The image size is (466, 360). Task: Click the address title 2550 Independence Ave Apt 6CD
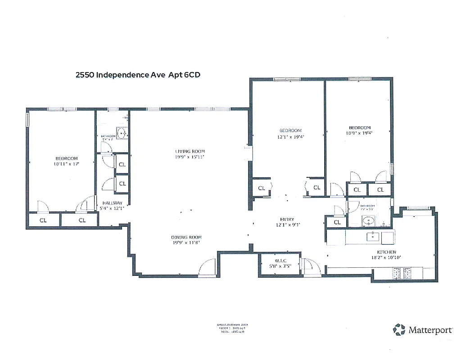(x=137, y=75)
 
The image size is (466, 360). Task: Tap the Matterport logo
(x=423, y=330)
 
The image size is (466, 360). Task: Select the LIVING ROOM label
(x=190, y=151)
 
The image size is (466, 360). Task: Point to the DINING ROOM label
(x=186, y=237)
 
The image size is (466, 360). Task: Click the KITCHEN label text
(x=386, y=252)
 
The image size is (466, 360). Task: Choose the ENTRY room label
(x=287, y=220)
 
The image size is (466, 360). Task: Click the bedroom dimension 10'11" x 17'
(x=67, y=164)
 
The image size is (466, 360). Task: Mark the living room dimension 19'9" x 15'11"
(x=190, y=157)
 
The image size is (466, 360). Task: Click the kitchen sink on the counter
(x=373, y=236)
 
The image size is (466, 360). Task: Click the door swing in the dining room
(x=208, y=267)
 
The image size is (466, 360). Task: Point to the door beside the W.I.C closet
(x=311, y=267)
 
